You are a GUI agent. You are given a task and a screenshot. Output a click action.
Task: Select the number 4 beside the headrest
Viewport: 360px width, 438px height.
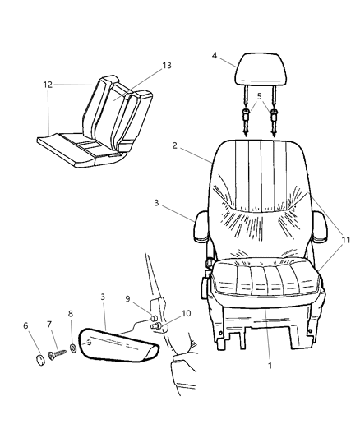click(214, 56)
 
